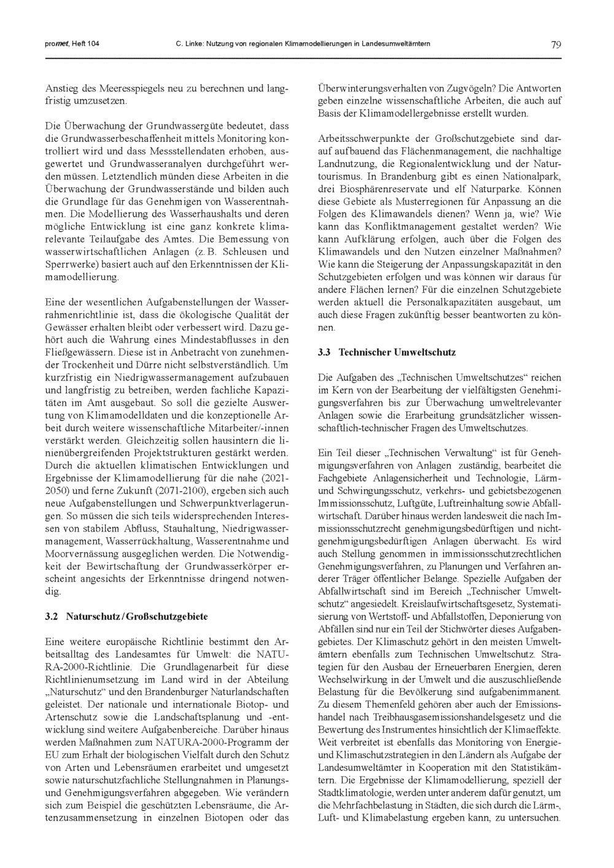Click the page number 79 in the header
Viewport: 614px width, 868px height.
(556, 44)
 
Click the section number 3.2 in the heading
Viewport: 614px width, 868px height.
(52, 616)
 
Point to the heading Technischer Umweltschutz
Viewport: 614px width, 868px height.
(397, 353)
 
